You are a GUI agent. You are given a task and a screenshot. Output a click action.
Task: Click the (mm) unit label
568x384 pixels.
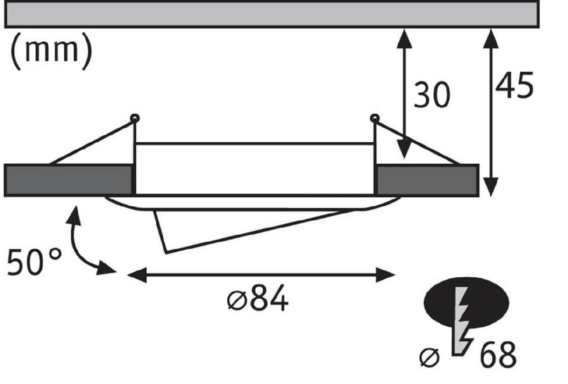(51, 51)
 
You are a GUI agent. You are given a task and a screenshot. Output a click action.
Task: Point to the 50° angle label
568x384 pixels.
(34, 262)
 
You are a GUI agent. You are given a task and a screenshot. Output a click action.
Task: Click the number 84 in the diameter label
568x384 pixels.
(269, 298)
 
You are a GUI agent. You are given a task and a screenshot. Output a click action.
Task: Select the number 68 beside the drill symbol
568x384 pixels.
(498, 355)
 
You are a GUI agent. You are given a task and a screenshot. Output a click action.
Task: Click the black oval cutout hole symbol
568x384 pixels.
(466, 303)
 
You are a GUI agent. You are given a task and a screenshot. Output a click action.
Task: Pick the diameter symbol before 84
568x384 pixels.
(237, 301)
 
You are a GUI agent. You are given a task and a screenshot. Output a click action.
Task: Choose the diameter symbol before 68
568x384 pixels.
(429, 357)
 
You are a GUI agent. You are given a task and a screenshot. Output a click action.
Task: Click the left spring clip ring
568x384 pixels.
(134, 119)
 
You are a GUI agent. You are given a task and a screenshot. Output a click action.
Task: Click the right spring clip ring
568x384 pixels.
(375, 118)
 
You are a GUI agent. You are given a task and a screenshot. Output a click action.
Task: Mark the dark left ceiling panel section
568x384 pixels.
(68, 180)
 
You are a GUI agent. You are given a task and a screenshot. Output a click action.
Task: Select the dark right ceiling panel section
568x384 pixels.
(427, 180)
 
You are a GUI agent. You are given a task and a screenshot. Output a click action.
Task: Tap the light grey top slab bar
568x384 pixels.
(272, 14)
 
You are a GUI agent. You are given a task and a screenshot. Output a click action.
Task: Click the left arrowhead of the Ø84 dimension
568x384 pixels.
(137, 275)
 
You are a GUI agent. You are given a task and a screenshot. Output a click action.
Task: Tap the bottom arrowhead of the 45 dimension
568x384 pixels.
(491, 187)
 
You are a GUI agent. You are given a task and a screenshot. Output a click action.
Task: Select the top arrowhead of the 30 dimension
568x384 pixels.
(404, 38)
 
